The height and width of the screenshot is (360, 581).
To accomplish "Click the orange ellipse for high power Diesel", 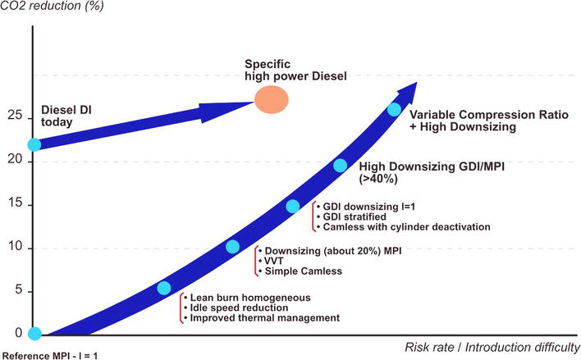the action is (x=272, y=99).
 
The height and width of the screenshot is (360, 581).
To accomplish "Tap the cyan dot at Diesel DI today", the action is (x=34, y=144).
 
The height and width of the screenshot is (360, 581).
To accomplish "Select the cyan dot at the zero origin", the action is (x=34, y=333).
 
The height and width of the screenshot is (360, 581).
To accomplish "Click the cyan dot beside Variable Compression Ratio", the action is (x=394, y=109).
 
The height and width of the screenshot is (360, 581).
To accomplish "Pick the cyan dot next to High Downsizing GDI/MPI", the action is (x=340, y=165).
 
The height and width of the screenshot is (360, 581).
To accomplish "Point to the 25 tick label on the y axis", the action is (x=15, y=115).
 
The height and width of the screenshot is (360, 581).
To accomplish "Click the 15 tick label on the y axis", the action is (x=15, y=203).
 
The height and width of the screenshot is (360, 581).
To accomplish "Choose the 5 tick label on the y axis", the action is (x=19, y=289).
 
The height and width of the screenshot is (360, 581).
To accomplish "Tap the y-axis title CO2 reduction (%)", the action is (x=52, y=6).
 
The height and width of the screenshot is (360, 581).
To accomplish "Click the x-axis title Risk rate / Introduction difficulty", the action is (x=492, y=348).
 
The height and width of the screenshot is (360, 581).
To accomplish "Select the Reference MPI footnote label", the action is (x=50, y=356).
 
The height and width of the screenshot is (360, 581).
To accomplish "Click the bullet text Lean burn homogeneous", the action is (x=250, y=298).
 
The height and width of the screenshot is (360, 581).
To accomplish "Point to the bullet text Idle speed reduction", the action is (x=239, y=308).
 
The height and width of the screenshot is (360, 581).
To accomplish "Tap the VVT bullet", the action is (x=274, y=261).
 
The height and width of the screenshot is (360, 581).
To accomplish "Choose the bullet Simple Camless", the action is (x=304, y=271).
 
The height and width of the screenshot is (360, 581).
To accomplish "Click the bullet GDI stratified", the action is (x=355, y=216).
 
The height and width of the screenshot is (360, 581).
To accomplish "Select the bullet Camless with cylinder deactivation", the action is (x=406, y=226).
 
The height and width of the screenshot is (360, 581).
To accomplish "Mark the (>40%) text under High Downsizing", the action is (x=378, y=179).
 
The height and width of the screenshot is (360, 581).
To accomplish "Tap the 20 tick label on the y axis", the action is (x=15, y=159).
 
